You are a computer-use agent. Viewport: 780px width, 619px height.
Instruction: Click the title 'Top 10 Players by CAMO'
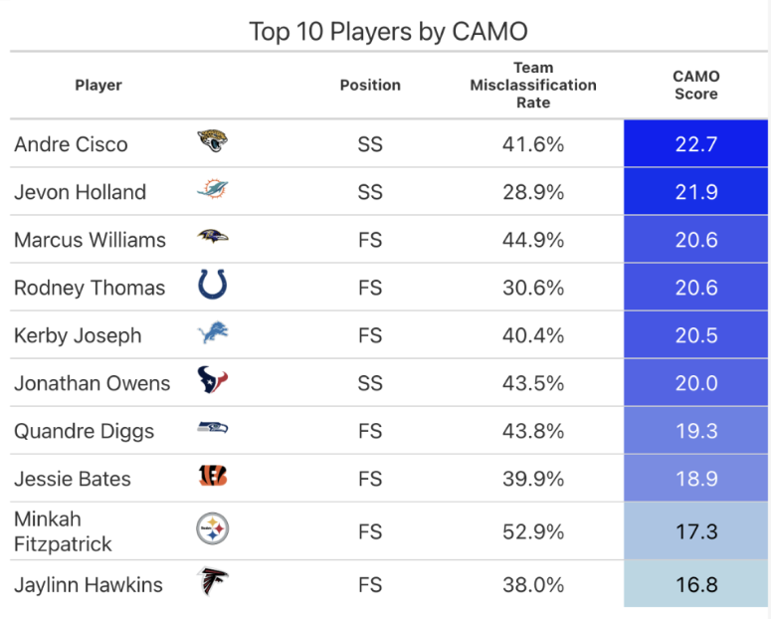tap(387, 31)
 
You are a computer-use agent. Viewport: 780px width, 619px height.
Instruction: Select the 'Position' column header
tap(370, 86)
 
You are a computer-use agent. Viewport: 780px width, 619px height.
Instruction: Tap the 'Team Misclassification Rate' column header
tap(533, 86)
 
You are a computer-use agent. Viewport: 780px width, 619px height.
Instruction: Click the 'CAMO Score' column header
tap(695, 86)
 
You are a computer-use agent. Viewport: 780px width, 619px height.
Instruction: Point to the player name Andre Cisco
tap(71, 144)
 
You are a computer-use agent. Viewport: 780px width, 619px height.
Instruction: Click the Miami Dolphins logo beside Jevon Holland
tap(212, 191)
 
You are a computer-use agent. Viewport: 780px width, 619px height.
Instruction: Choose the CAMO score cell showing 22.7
tap(695, 144)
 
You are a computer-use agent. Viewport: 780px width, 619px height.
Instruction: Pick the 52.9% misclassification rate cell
tap(533, 531)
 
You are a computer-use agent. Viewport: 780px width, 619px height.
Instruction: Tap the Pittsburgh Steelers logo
tap(212, 529)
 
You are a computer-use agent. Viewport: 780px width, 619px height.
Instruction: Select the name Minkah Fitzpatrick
tap(63, 531)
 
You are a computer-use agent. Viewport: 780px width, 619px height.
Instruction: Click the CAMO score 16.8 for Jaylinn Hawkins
tap(695, 584)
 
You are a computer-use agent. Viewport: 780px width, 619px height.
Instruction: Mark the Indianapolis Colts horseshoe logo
tap(212, 287)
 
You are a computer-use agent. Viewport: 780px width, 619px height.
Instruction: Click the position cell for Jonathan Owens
tap(370, 383)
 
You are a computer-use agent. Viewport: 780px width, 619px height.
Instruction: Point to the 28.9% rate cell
tap(533, 192)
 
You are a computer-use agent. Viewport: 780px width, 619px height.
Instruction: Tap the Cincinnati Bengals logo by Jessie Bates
tap(212, 478)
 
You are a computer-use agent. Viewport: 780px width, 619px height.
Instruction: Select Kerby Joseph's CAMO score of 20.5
tap(695, 335)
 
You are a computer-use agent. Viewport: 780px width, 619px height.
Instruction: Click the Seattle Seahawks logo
tap(212, 429)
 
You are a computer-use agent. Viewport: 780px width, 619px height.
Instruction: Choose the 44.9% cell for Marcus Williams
tap(533, 240)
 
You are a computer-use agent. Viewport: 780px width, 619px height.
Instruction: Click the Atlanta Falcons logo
tap(212, 581)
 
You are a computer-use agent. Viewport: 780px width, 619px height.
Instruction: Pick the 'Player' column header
tap(98, 86)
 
